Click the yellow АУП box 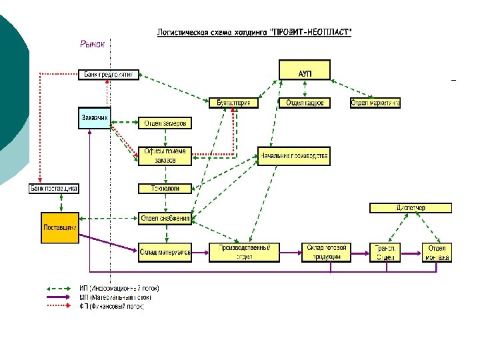point(305,70)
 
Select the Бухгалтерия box point(233,103)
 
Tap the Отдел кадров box point(305,103)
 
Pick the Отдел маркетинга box point(375,103)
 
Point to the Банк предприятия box point(110,75)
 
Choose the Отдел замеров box point(166,123)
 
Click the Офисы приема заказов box point(166,155)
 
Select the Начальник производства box point(293,156)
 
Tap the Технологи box point(165,189)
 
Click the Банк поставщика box point(54,189)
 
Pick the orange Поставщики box point(59,227)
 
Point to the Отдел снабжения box point(165,218)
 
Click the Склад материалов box point(165,252)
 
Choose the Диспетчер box point(410,208)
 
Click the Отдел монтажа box point(437,252)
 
